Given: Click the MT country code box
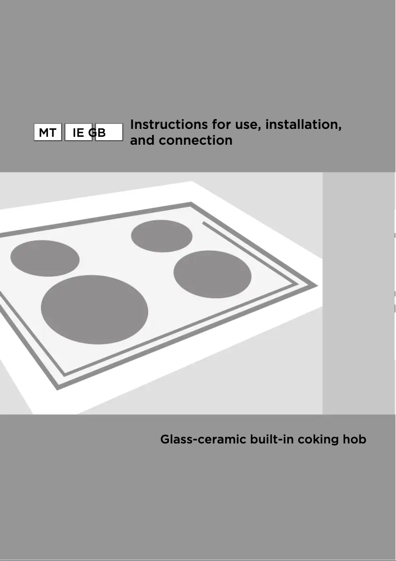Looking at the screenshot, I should [x=47, y=133].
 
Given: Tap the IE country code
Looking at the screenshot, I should [x=78, y=133].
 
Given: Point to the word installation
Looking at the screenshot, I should [x=303, y=124].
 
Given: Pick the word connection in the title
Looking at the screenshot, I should [x=196, y=140].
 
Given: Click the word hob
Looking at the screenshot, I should [x=355, y=439].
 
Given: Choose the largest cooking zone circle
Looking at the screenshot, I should [x=94, y=310].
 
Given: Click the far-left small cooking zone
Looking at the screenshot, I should [x=45, y=258].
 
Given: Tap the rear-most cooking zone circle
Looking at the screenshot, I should [x=161, y=236].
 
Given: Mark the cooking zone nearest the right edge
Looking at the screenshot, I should [x=212, y=274].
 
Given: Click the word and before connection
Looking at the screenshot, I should [x=142, y=140].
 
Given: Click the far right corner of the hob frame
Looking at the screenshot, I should [x=317, y=286].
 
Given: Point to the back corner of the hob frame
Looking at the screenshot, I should [x=191, y=202].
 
